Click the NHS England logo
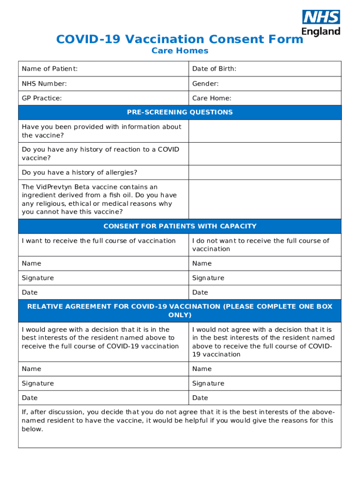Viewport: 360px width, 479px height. point(321,23)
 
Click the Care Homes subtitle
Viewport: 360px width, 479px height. point(180,51)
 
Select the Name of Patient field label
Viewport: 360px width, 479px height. point(50,69)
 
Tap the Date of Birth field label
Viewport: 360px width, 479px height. point(214,69)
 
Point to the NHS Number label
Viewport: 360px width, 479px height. point(44,84)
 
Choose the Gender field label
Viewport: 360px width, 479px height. point(205,84)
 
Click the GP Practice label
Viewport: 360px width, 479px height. point(42,98)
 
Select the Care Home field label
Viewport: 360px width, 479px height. point(212,98)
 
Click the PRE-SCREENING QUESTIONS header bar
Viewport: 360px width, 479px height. point(180,112)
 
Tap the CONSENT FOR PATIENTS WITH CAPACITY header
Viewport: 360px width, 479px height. point(180,226)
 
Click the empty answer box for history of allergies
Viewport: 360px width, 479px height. point(265,173)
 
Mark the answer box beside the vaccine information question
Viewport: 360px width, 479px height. point(265,131)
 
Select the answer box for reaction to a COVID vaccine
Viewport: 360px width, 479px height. point(265,154)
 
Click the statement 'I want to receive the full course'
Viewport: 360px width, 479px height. point(99,240)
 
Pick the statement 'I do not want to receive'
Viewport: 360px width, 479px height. point(260,245)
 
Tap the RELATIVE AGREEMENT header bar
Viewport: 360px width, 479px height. point(180,311)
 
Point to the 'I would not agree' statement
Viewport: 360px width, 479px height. point(263,342)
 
